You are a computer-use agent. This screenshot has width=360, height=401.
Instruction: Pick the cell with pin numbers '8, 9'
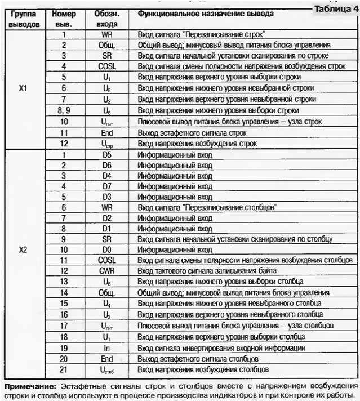64,110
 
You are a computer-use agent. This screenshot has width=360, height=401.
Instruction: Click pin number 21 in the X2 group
64,369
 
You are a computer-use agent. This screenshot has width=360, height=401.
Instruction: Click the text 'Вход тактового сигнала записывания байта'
206,271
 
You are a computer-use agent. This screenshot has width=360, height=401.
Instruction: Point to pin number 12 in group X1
64,143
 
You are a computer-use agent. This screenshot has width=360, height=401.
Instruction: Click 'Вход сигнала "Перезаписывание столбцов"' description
207,207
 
